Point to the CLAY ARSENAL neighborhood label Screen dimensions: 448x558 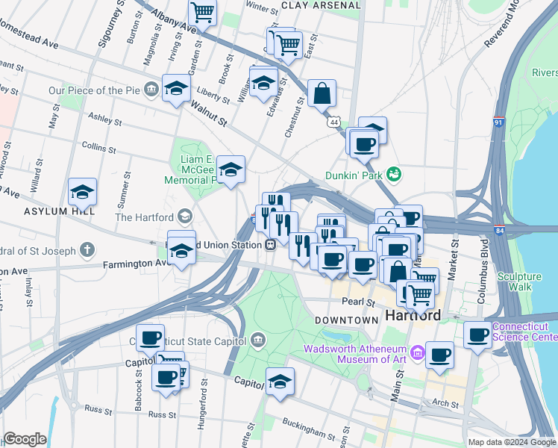pos(322,5)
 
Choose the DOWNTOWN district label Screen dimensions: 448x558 pos(346,320)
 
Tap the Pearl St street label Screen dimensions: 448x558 pos(358,302)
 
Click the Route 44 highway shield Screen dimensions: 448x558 pos(333,122)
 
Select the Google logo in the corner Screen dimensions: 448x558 pos(25,439)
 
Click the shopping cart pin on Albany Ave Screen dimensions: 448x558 pos(202,12)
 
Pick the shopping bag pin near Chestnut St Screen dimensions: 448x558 pos(322,93)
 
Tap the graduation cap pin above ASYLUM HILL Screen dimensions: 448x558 pos(82,193)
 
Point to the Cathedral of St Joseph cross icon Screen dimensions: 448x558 pos(88,249)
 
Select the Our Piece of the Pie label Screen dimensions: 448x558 pos(95,90)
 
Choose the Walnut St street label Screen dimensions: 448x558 pos(207,114)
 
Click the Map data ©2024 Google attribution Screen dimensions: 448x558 pos(512,442)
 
